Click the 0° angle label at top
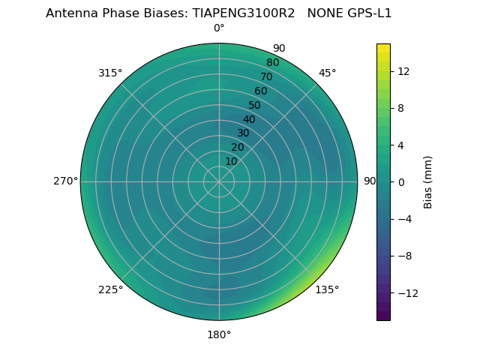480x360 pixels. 219,28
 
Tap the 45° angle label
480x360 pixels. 327,73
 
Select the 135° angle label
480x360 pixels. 327,289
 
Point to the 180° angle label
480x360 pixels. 219,334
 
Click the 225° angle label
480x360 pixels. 110,289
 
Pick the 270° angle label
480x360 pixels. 66,181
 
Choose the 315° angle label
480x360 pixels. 110,73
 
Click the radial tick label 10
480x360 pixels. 231,161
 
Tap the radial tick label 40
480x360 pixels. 249,119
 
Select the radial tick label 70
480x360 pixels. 266,76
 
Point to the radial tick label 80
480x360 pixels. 272,62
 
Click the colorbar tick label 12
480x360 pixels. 403,71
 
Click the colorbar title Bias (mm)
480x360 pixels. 428,182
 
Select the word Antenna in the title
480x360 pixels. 69,13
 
